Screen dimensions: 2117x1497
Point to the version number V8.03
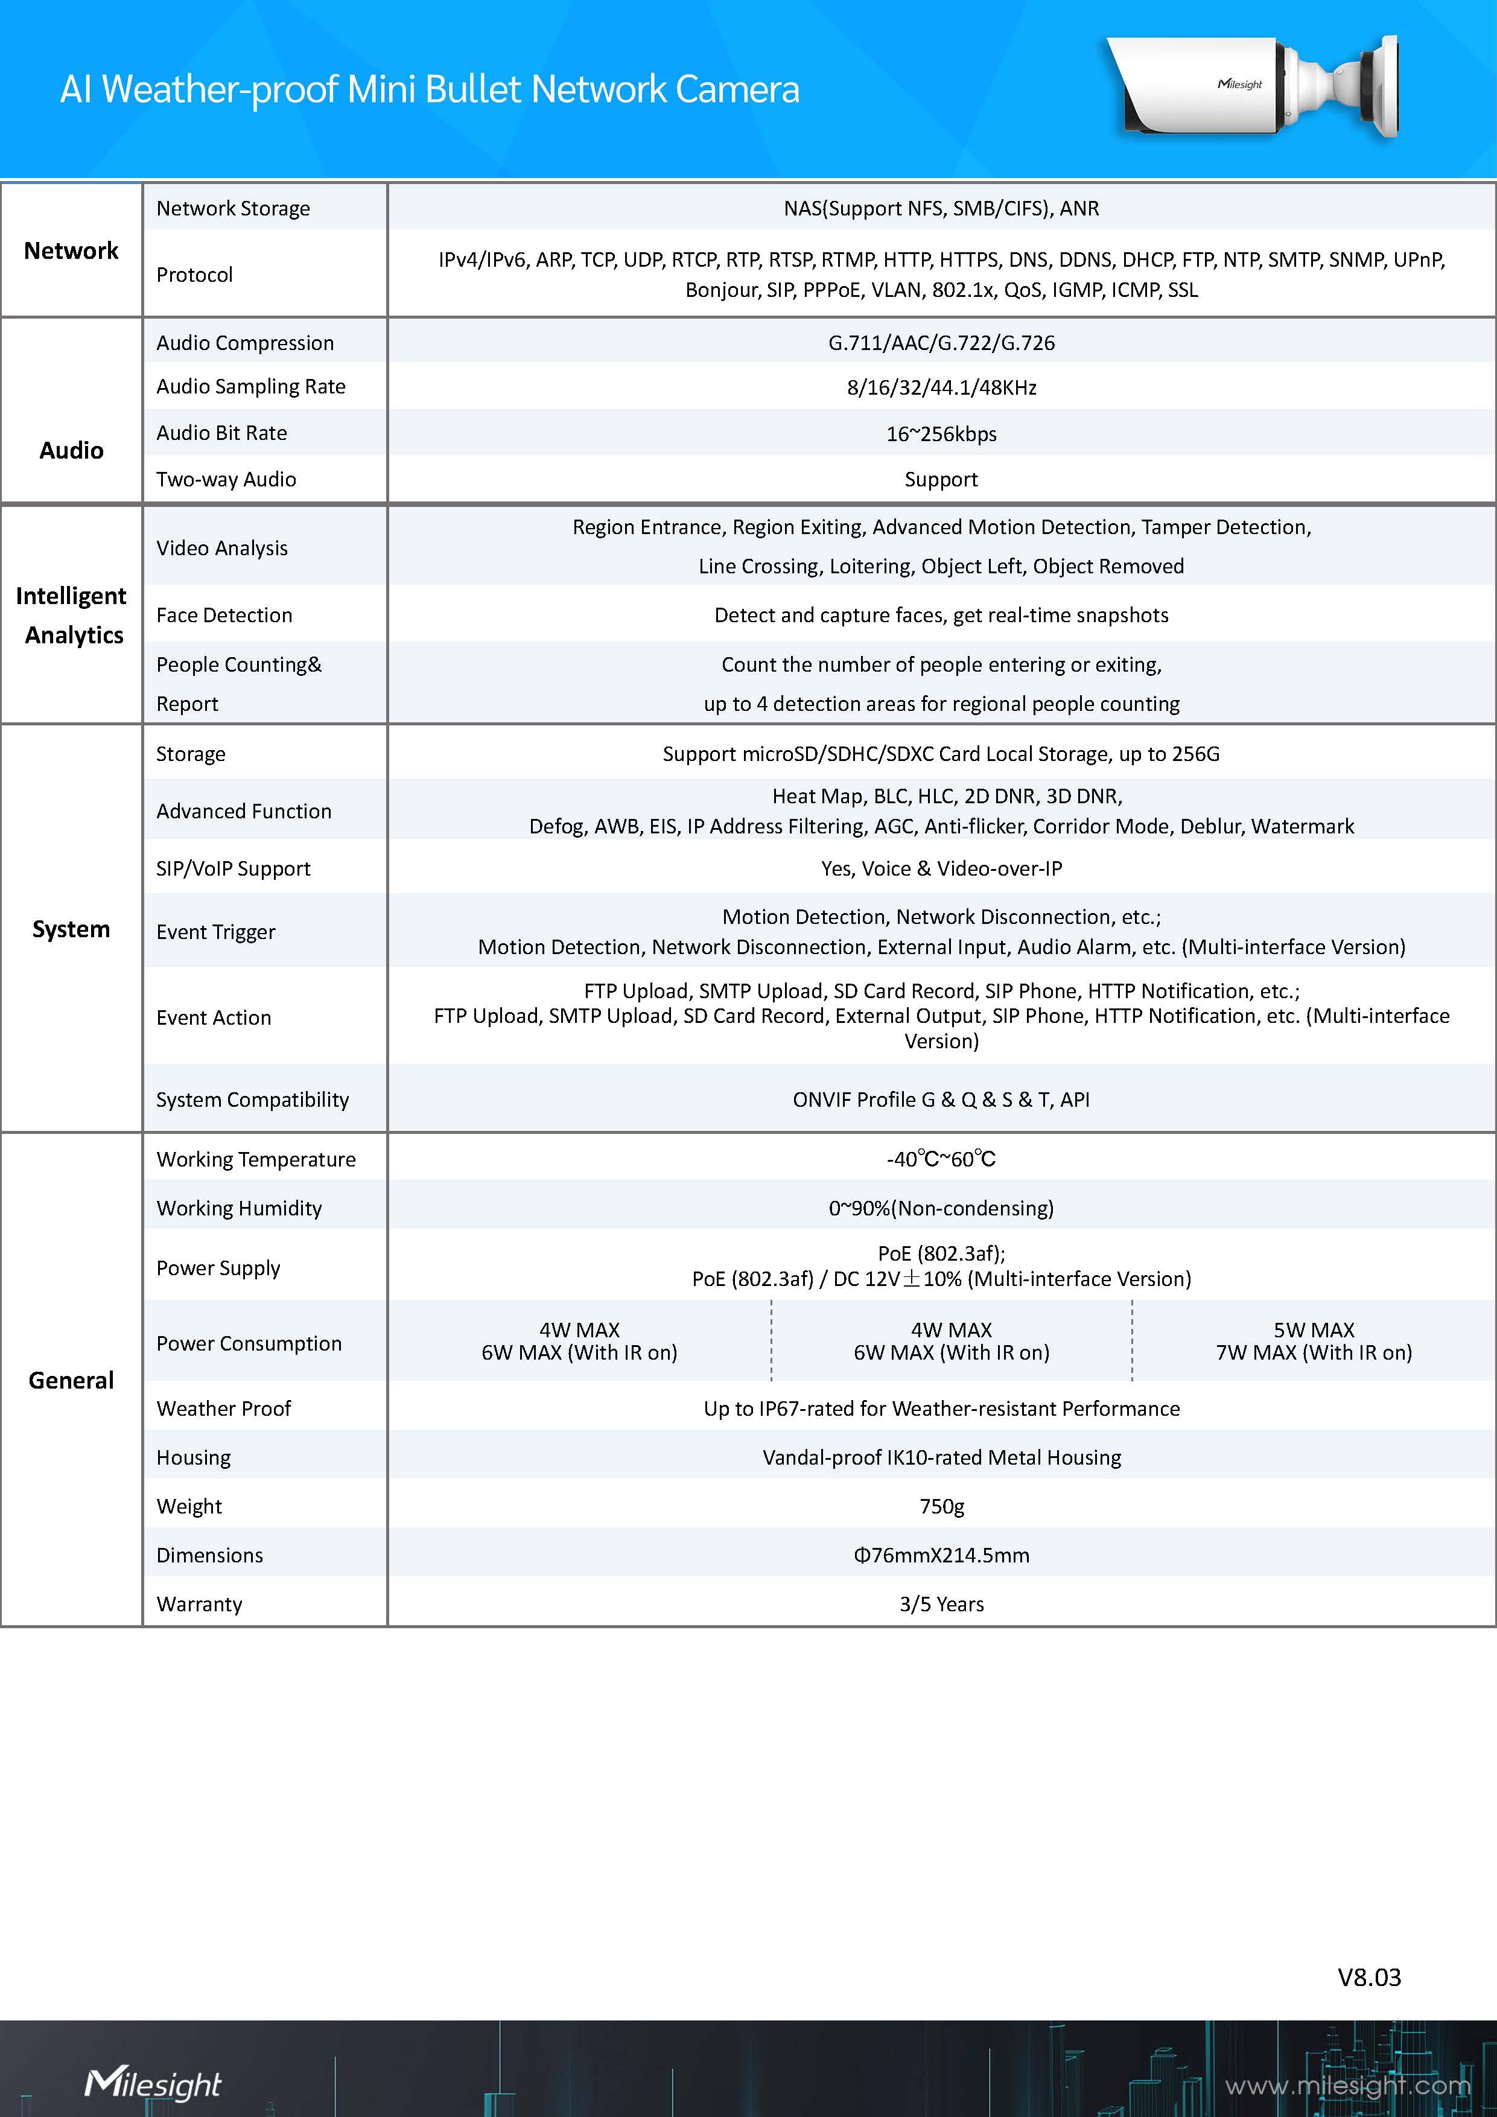coord(1369,1977)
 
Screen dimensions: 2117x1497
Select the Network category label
coord(71,251)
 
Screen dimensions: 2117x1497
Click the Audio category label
coord(71,450)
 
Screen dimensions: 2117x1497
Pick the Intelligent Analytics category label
coord(72,615)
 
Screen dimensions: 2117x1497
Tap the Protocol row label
coord(194,275)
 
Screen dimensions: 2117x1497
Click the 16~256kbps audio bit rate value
coord(941,433)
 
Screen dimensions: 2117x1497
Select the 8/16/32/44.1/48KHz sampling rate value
coord(941,387)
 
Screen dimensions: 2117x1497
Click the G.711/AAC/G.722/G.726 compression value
coord(941,343)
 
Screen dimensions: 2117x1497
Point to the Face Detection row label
coord(224,615)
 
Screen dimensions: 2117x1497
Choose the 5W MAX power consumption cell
coord(1314,1341)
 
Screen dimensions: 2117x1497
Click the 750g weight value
coord(941,1506)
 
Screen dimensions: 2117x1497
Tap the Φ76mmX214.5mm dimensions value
coord(941,1555)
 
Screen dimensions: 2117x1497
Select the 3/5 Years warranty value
coord(941,1603)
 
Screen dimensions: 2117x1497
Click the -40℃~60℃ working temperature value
coord(941,1159)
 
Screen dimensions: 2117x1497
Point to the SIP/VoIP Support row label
coord(234,868)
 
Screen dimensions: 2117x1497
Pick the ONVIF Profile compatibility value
coord(941,1099)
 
